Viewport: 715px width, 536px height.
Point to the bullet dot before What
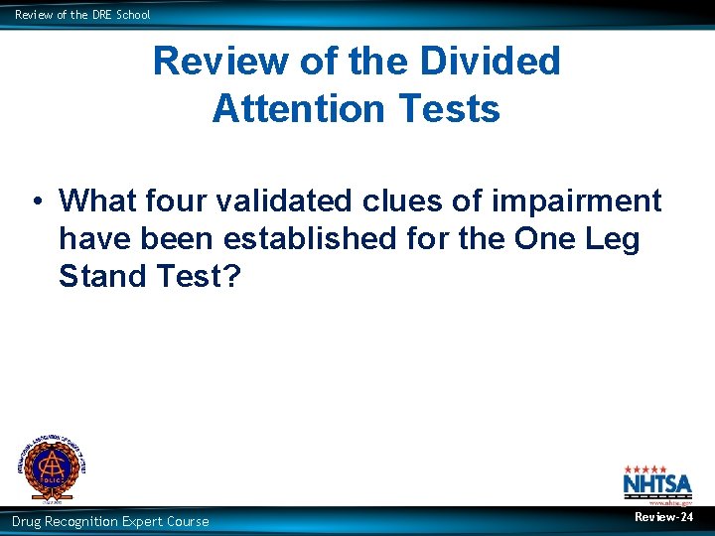(x=35, y=201)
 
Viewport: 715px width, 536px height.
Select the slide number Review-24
(x=663, y=517)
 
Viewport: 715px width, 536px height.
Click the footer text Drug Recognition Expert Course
(x=110, y=521)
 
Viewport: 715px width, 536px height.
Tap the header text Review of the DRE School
(x=82, y=14)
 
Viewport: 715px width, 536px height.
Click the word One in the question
(x=544, y=239)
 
